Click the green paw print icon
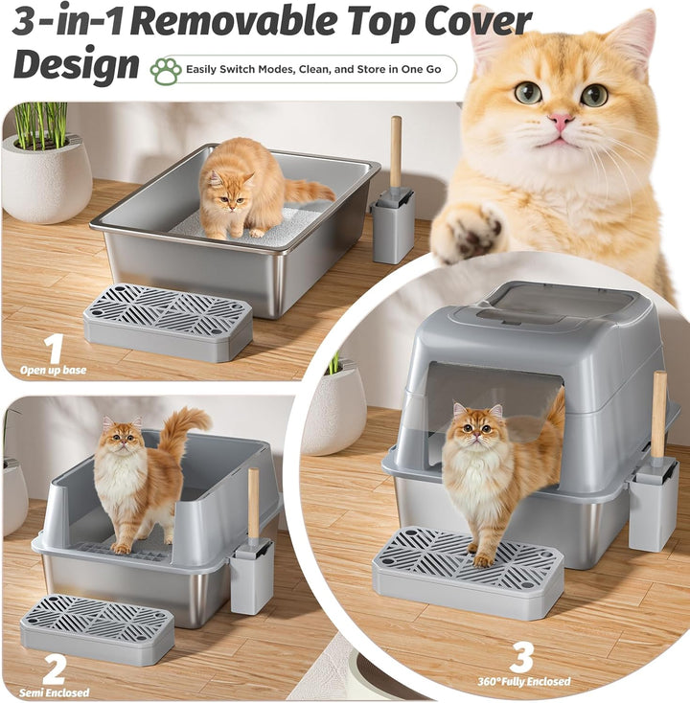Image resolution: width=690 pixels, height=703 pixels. [165, 69]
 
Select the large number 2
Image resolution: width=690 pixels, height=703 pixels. [54, 669]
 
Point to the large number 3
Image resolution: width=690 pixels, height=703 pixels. [520, 658]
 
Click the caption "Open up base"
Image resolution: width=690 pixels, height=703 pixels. [54, 370]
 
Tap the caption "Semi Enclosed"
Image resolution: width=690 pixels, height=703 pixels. [54, 692]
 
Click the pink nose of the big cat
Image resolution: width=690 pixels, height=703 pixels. [561, 122]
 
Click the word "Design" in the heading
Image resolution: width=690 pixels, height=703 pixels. [76, 65]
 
